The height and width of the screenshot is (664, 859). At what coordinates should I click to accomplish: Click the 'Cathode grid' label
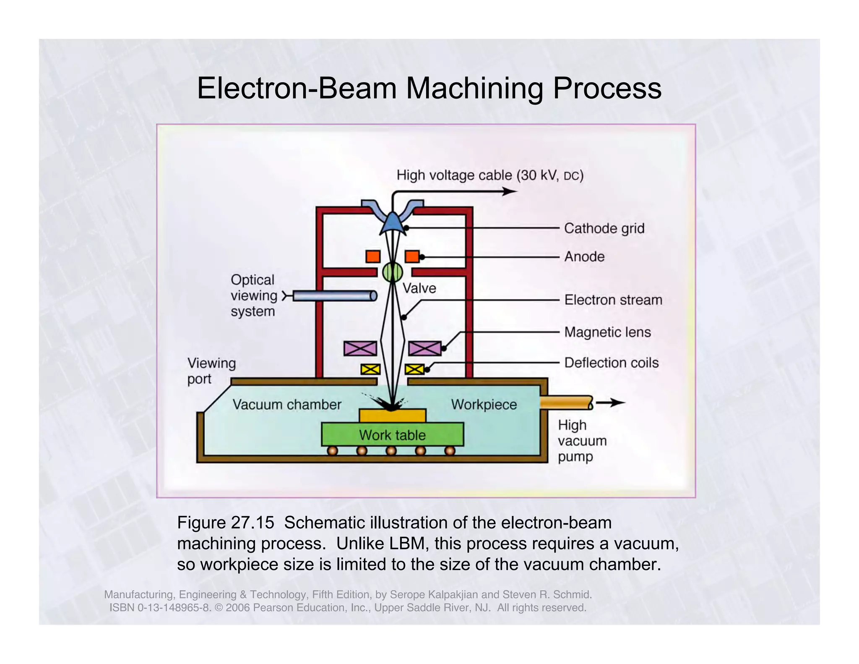point(604,228)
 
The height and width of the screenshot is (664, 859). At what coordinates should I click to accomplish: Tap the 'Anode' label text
point(584,256)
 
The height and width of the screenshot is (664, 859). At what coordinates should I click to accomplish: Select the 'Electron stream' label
point(613,300)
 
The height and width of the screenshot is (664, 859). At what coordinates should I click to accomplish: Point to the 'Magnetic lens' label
point(607,332)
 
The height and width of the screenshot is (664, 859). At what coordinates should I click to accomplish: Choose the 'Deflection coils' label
point(611,363)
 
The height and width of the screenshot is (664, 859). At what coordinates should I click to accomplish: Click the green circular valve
point(392,272)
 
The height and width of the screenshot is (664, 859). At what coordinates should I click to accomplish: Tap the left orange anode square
point(373,256)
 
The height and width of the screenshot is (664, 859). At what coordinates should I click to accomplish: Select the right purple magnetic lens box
point(424,348)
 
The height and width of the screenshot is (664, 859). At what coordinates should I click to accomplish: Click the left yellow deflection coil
point(371,369)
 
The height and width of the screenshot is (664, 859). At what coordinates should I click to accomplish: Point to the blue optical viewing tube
point(333,296)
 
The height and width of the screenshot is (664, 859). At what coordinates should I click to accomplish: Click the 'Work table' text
point(392,435)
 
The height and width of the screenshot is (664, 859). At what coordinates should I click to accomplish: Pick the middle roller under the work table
point(391,451)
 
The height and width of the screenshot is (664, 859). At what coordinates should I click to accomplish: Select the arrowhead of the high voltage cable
point(510,191)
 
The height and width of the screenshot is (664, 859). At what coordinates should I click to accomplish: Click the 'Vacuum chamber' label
point(287,405)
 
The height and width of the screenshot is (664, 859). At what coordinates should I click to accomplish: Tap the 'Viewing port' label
point(211,371)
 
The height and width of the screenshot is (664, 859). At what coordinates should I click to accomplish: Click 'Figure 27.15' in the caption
point(225,523)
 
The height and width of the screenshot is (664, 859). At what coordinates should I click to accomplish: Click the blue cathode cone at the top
point(393,222)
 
